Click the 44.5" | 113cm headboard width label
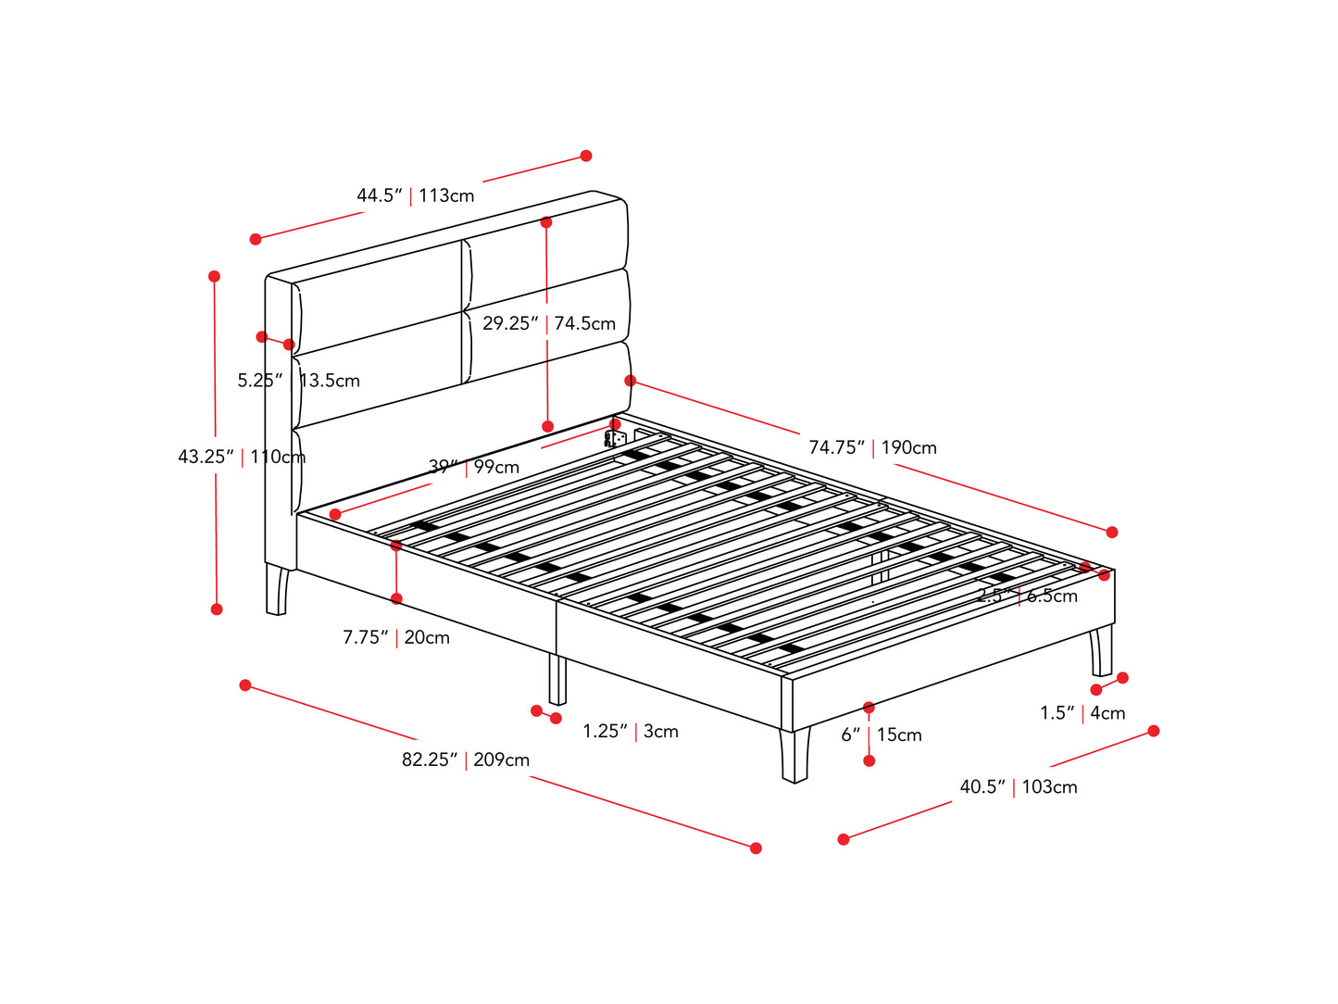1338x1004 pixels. click(x=415, y=195)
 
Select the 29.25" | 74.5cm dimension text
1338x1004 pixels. click(x=548, y=323)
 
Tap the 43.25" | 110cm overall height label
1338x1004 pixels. click(x=241, y=457)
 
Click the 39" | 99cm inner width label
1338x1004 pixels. click(x=473, y=467)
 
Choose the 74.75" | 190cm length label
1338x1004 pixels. click(x=872, y=447)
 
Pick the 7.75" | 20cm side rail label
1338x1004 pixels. click(x=396, y=637)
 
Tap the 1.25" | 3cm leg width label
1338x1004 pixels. click(x=631, y=731)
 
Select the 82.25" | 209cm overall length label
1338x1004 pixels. click(x=466, y=759)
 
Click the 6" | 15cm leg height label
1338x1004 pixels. click(x=882, y=734)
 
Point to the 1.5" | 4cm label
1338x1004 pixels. click(x=1082, y=713)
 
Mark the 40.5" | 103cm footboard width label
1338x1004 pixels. click(x=1018, y=786)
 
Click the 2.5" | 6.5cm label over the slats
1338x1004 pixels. click(x=1027, y=596)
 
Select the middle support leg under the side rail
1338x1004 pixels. click(x=557, y=680)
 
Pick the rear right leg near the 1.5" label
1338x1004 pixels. click(x=1101, y=651)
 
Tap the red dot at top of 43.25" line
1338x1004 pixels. click(x=215, y=276)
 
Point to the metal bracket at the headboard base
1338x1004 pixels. click(x=615, y=437)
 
